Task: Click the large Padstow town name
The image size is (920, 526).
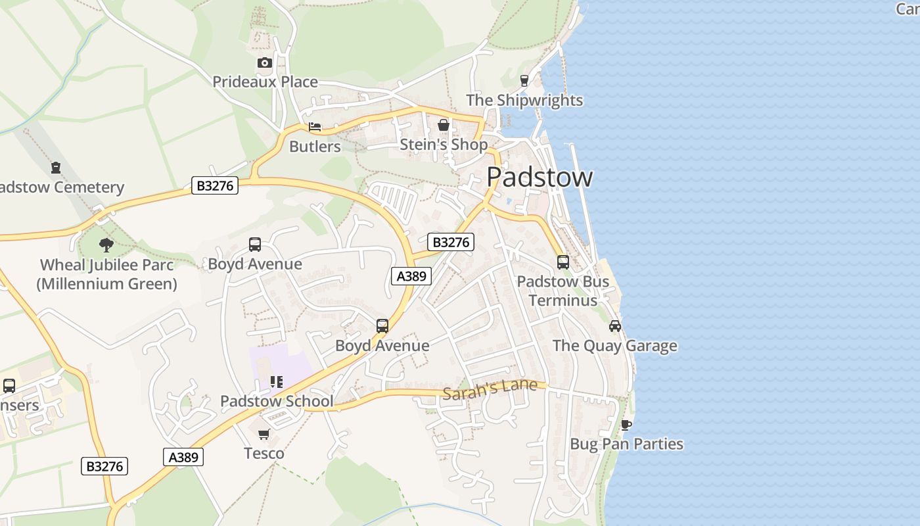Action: (x=540, y=178)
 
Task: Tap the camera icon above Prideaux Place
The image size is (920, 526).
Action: (x=264, y=62)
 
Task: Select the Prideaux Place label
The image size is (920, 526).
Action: (x=265, y=82)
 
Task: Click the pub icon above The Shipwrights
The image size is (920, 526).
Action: (x=524, y=81)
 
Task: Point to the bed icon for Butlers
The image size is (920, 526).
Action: (x=315, y=127)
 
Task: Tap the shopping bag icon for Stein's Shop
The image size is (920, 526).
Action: (x=444, y=125)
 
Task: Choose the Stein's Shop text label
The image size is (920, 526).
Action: (x=444, y=145)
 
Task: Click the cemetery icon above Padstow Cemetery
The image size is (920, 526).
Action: (x=56, y=168)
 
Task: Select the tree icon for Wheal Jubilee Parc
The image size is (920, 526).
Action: (x=106, y=245)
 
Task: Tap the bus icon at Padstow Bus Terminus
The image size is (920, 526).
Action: (x=563, y=262)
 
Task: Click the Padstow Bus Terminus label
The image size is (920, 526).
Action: (x=563, y=291)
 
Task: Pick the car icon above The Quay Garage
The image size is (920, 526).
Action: (x=615, y=326)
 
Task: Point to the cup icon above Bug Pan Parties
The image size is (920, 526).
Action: (x=626, y=425)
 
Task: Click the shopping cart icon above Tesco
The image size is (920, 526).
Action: (x=264, y=434)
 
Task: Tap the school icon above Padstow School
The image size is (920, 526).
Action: (x=277, y=382)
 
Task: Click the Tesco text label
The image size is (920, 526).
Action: (x=264, y=453)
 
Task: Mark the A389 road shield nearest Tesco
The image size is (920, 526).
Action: (x=183, y=457)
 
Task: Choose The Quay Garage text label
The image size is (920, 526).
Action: (x=614, y=346)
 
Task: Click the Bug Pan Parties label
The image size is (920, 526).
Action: (x=626, y=444)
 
